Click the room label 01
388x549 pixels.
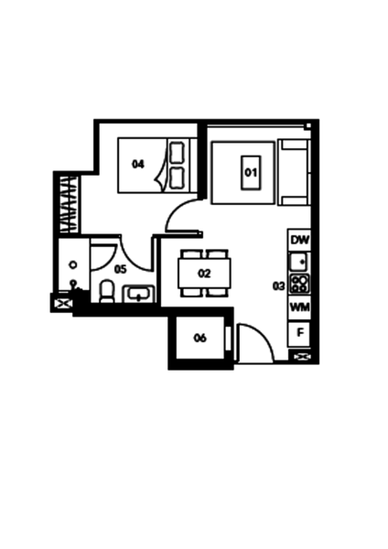(x=251, y=173)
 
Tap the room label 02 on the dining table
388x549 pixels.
(x=204, y=274)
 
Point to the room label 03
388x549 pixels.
(x=279, y=286)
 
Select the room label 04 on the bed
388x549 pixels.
(x=138, y=164)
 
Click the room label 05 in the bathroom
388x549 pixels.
(x=121, y=269)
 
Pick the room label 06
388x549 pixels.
(x=200, y=338)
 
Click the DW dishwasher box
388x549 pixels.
(x=300, y=240)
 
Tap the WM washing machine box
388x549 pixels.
(x=300, y=307)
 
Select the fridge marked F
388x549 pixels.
(x=300, y=333)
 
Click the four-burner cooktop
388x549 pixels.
(x=300, y=284)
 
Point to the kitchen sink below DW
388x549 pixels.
(x=298, y=262)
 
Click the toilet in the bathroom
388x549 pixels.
(x=107, y=291)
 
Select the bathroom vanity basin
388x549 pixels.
(x=139, y=294)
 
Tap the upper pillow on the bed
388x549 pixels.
(x=177, y=152)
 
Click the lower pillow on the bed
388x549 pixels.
(x=177, y=178)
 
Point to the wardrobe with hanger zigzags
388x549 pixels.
(x=69, y=204)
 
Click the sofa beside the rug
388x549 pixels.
(x=294, y=172)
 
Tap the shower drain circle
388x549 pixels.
(x=73, y=265)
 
